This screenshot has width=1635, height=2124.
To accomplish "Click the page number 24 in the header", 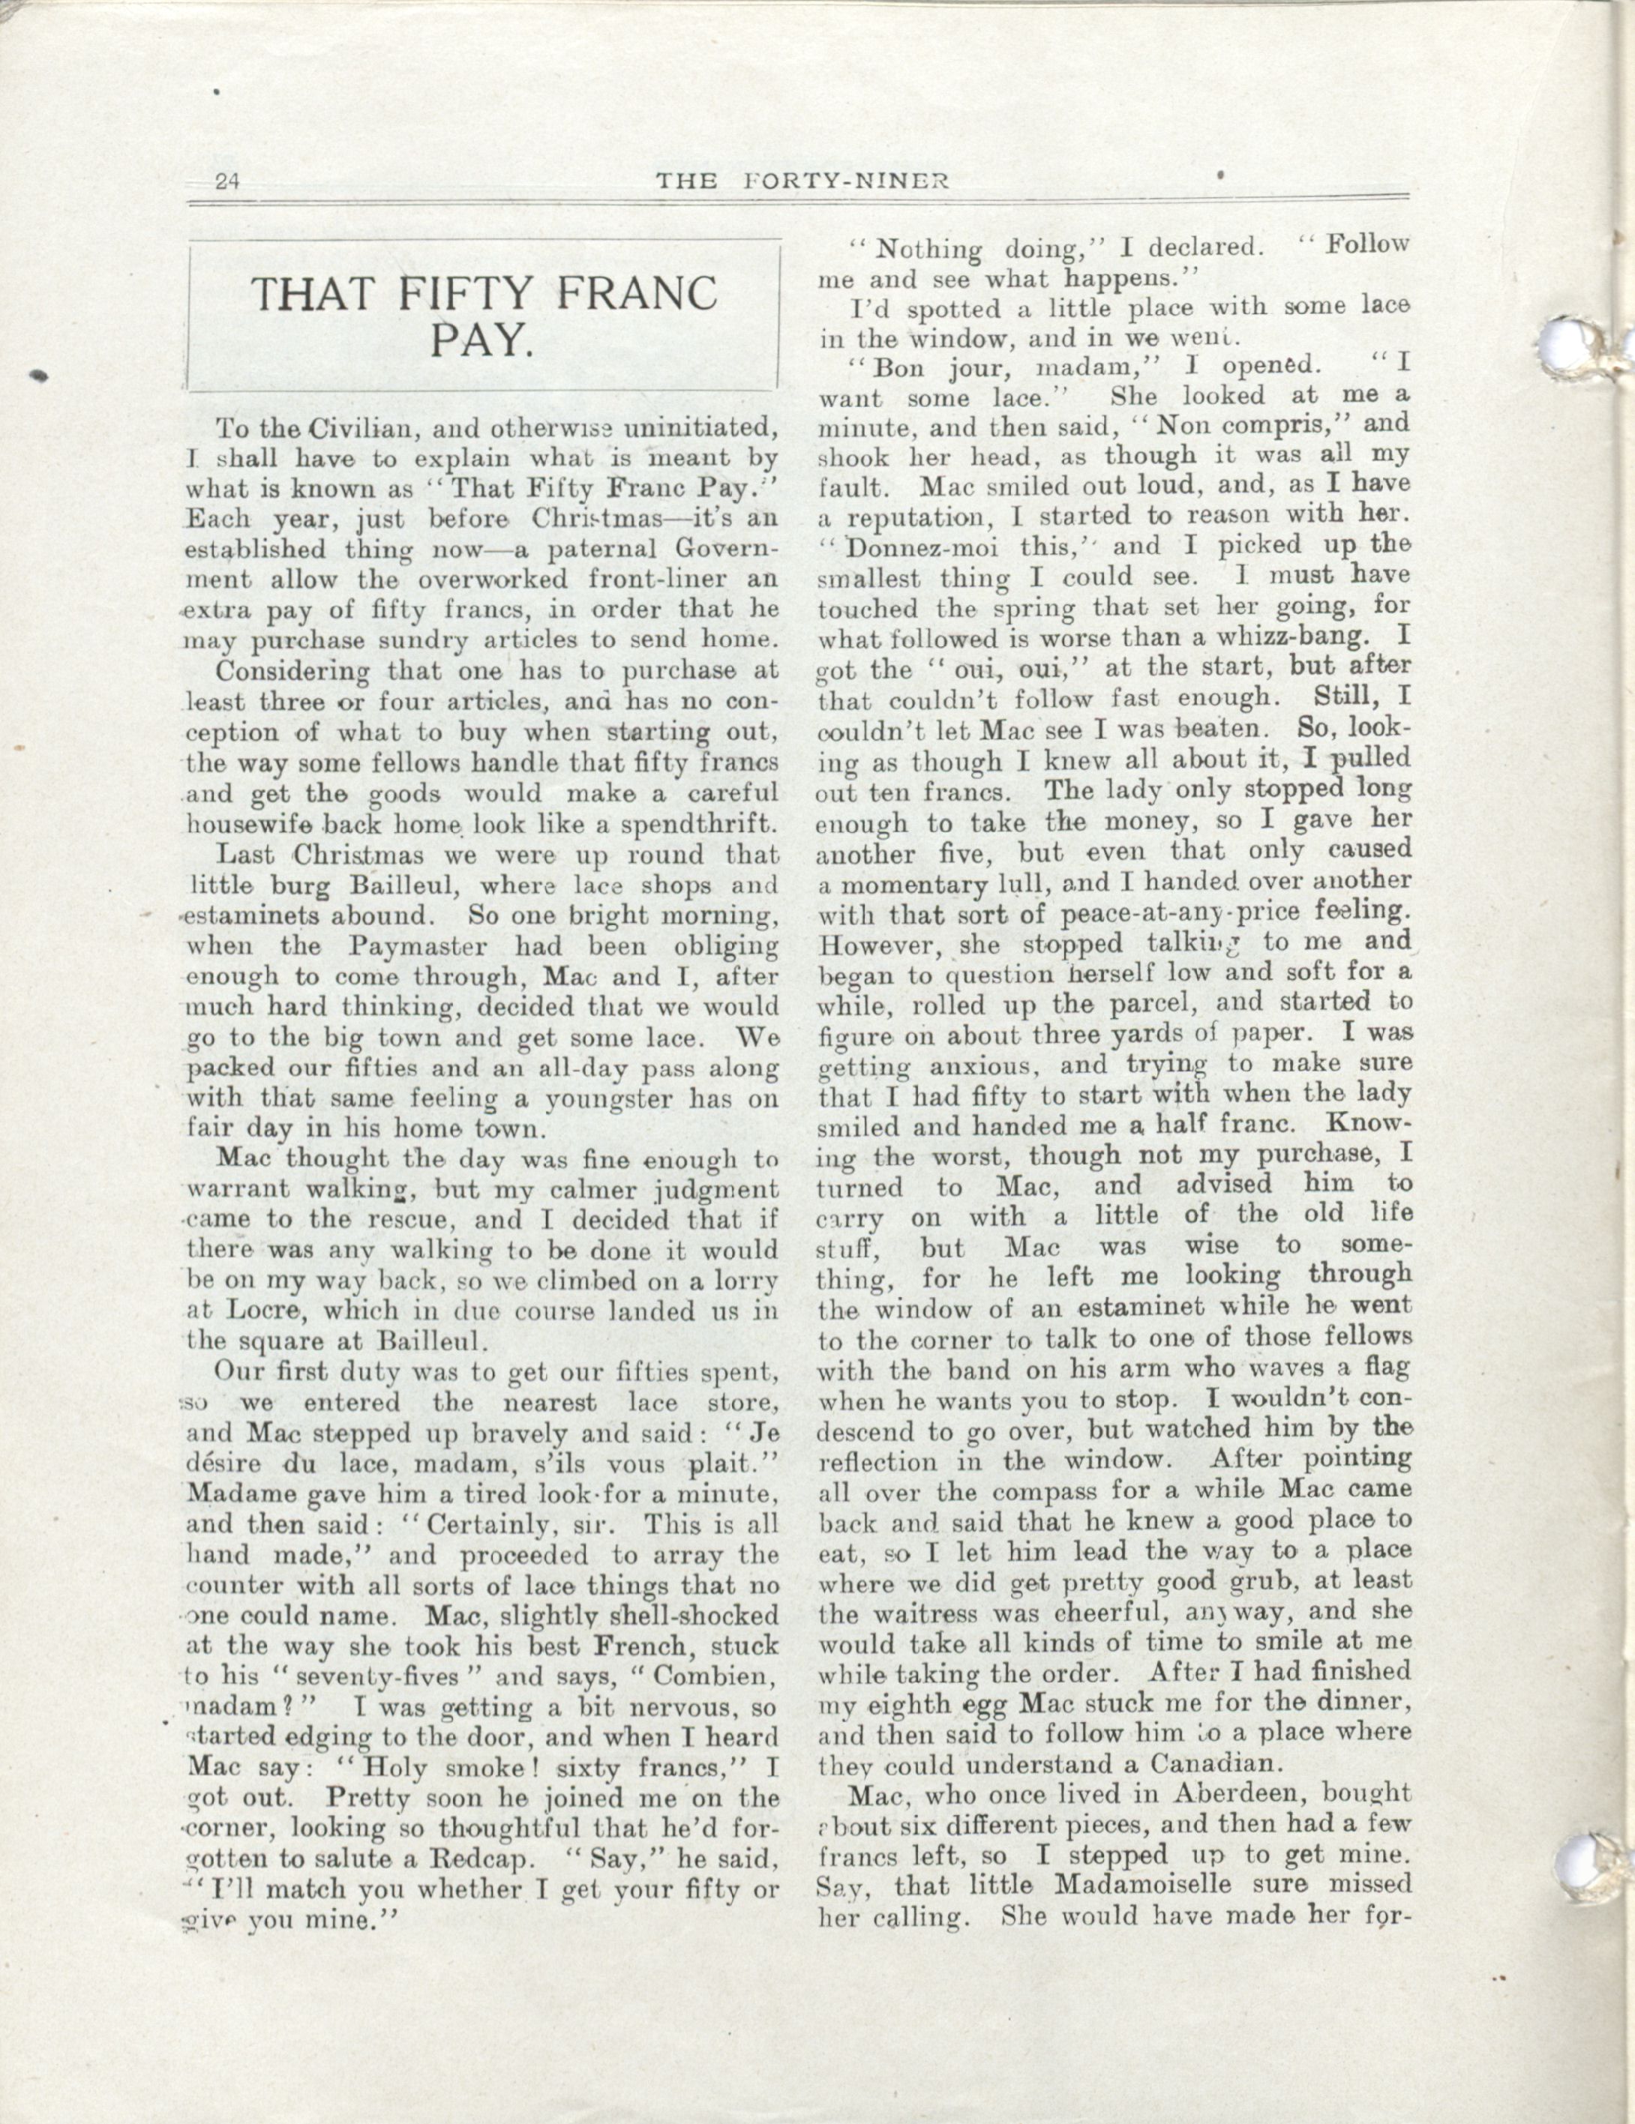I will (x=230, y=181).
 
